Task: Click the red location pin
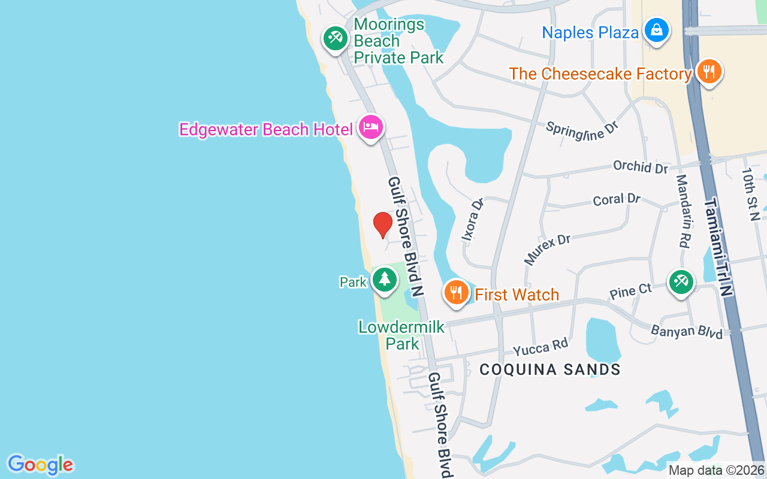click(382, 225)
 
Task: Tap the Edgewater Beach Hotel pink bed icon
click(371, 127)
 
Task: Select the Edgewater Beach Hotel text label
click(266, 129)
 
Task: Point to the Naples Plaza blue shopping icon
click(657, 30)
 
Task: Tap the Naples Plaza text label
click(590, 32)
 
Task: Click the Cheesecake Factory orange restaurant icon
click(709, 72)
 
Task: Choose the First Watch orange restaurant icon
click(456, 293)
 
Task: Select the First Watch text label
click(517, 295)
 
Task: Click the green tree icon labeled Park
click(384, 280)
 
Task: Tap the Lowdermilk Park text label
click(401, 335)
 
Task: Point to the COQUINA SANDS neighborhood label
click(550, 369)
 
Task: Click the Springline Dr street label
click(581, 130)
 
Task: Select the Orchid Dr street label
click(640, 166)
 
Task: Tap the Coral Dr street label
click(617, 199)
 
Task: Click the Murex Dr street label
click(546, 249)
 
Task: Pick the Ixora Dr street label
click(472, 220)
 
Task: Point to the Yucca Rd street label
click(540, 347)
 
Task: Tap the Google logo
click(40, 465)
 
